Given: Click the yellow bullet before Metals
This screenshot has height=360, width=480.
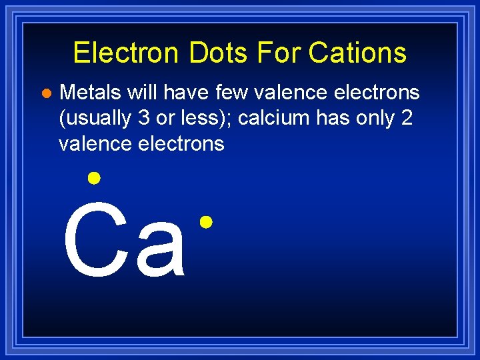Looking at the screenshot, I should point(45,92).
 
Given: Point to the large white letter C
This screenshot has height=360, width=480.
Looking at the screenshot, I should point(95,241).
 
